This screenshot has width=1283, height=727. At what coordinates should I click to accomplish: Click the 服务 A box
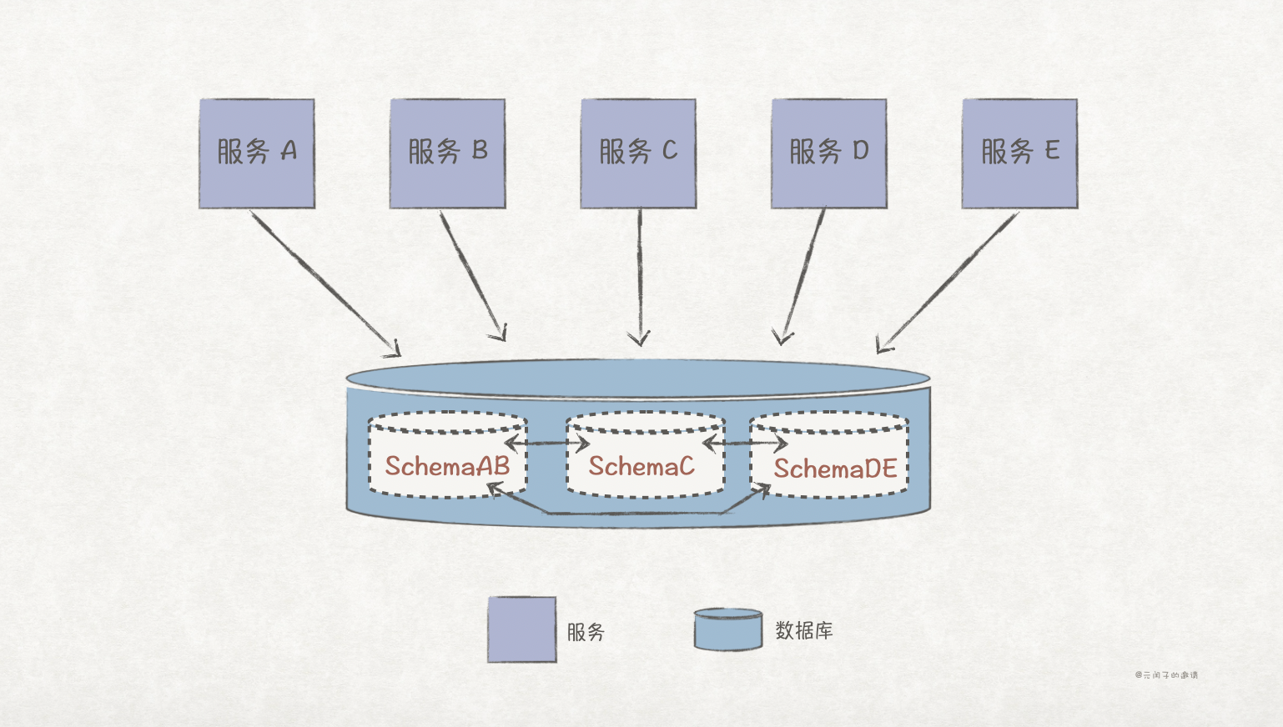[257, 153]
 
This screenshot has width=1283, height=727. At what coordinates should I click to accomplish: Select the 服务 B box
[448, 153]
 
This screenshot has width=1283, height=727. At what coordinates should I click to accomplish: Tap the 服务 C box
[638, 153]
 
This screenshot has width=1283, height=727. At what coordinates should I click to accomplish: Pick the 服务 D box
[829, 153]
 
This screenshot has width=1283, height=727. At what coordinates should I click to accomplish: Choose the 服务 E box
[1019, 153]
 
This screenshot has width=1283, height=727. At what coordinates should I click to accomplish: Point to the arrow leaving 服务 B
[472, 275]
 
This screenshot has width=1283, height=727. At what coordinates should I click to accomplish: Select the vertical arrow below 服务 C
[640, 275]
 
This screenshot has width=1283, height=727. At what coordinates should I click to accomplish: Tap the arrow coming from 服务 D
[803, 275]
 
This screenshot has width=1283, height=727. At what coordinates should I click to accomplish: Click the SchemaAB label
[447, 466]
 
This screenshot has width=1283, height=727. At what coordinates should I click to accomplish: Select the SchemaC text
[641, 466]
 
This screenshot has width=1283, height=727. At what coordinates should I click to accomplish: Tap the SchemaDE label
[835, 469]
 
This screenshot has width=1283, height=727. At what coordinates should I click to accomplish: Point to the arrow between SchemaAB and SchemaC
[546, 443]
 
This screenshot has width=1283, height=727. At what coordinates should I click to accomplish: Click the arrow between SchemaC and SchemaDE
[745, 443]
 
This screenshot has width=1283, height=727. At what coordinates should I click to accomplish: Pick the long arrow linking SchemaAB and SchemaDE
[630, 513]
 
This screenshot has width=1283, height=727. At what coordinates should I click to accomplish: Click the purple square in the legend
[522, 629]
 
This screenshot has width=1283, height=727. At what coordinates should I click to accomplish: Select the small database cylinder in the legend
[728, 629]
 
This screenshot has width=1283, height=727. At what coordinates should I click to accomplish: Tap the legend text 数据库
[804, 630]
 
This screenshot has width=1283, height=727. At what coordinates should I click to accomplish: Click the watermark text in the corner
[1166, 675]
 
